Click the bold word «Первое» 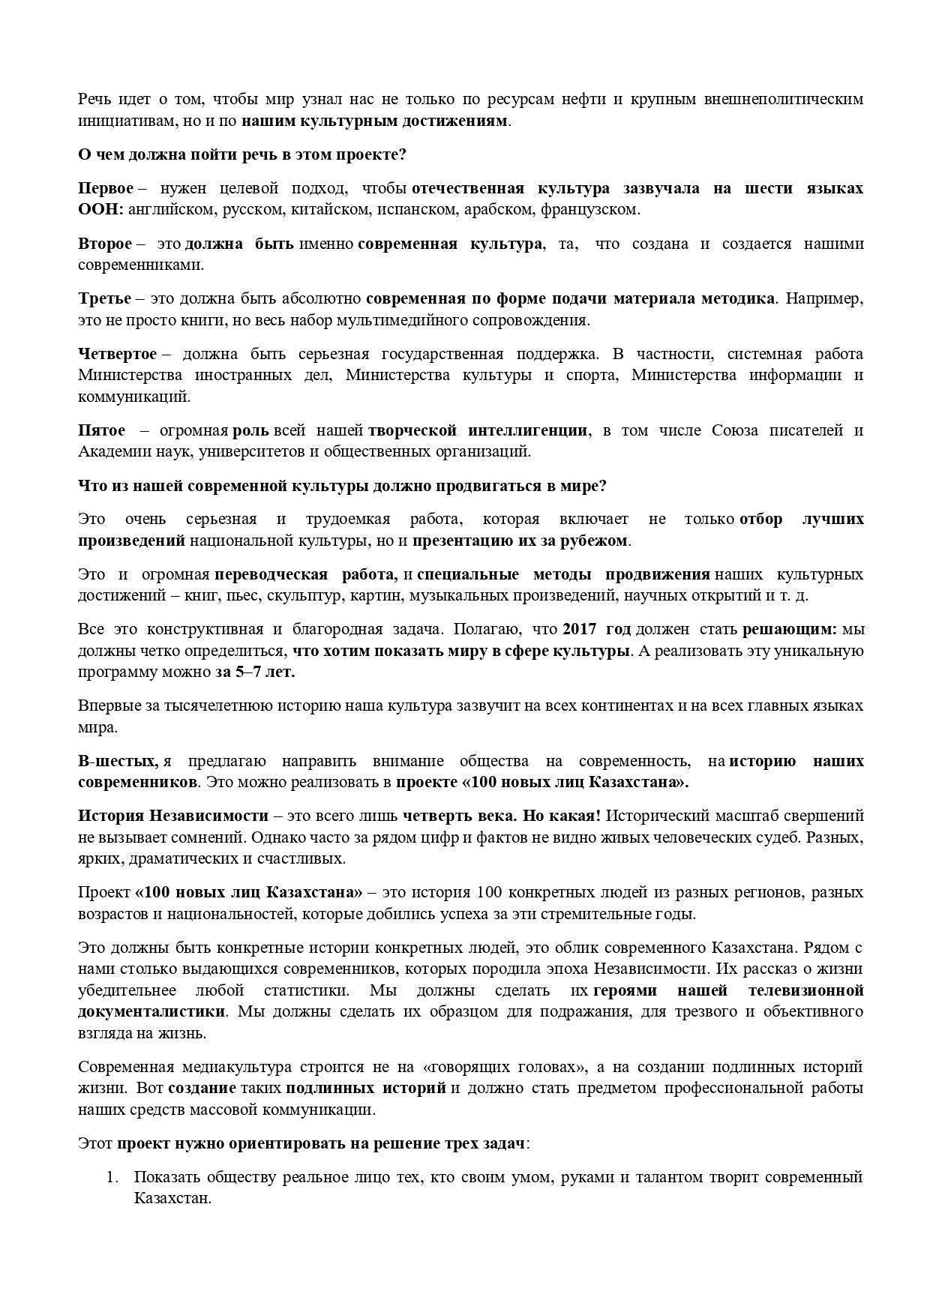pyautogui.click(x=106, y=188)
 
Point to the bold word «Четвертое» pyautogui.click(x=118, y=354)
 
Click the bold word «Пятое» pyautogui.click(x=102, y=430)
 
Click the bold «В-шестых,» pyautogui.click(x=118, y=762)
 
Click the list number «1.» pyautogui.click(x=112, y=1177)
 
